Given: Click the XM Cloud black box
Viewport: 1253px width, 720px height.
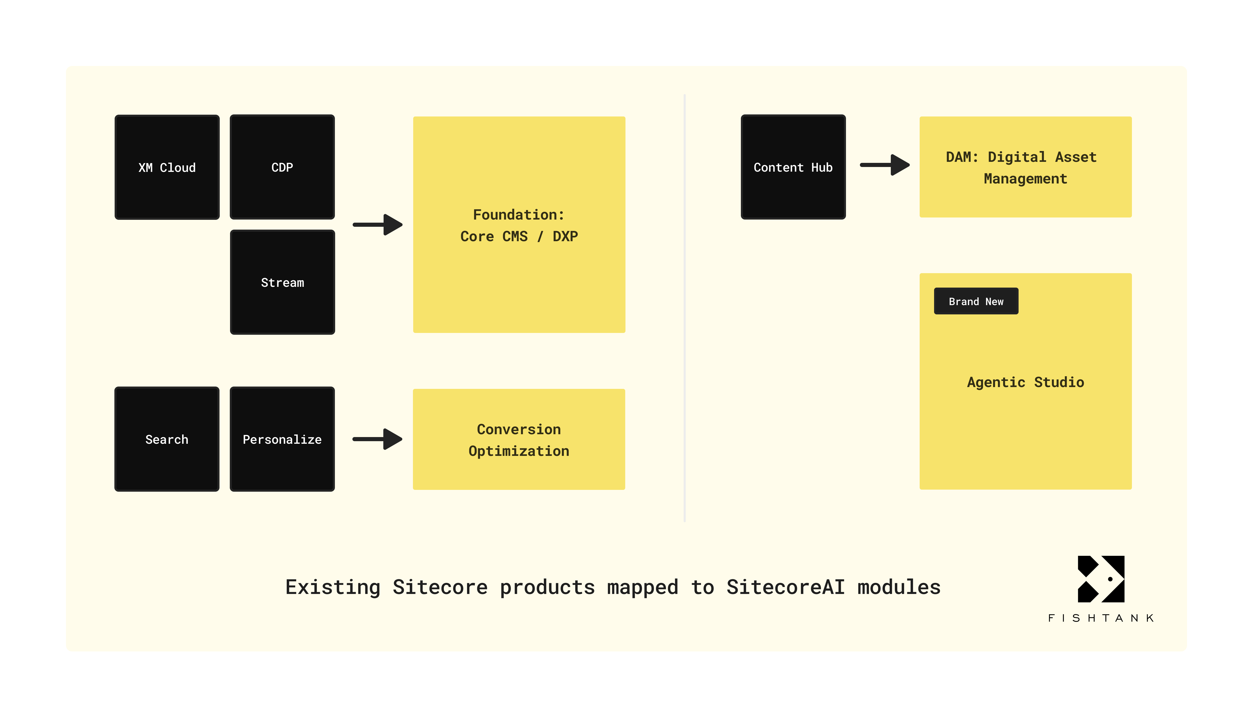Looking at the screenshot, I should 167,167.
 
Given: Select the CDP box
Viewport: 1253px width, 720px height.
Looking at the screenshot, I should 282,167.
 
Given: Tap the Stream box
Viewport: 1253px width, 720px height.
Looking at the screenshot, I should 282,282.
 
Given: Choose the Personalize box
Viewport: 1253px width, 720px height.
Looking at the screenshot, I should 282,439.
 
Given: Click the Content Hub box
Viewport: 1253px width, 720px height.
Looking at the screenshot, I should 793,167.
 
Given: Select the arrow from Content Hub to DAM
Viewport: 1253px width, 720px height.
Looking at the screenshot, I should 885,165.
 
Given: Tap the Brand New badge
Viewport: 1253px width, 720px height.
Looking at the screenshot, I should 976,301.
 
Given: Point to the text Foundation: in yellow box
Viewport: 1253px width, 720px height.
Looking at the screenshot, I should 519,215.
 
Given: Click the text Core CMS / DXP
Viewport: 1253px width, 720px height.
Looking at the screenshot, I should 519,236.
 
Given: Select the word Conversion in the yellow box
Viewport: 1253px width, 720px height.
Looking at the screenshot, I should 519,429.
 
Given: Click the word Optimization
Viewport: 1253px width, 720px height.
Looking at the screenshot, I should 519,451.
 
